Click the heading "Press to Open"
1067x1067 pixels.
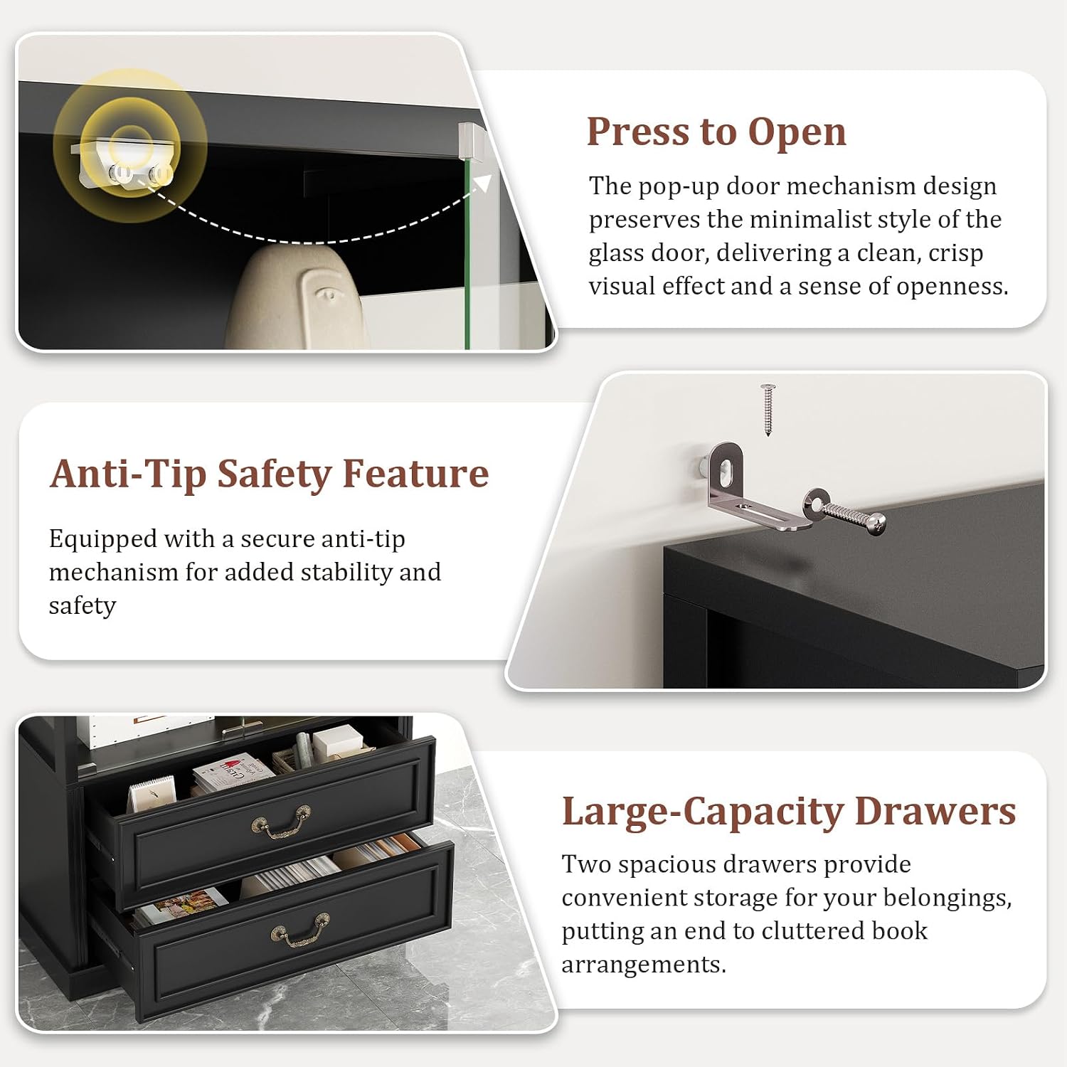point(716,132)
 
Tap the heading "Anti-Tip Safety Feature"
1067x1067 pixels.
point(270,474)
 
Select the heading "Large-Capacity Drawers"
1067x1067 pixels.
point(789,812)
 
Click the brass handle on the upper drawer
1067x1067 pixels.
point(281,823)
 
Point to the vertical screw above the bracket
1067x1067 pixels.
point(768,410)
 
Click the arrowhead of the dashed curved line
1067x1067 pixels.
point(483,183)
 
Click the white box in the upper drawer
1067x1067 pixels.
point(339,741)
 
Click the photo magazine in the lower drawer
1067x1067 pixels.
point(184,907)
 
